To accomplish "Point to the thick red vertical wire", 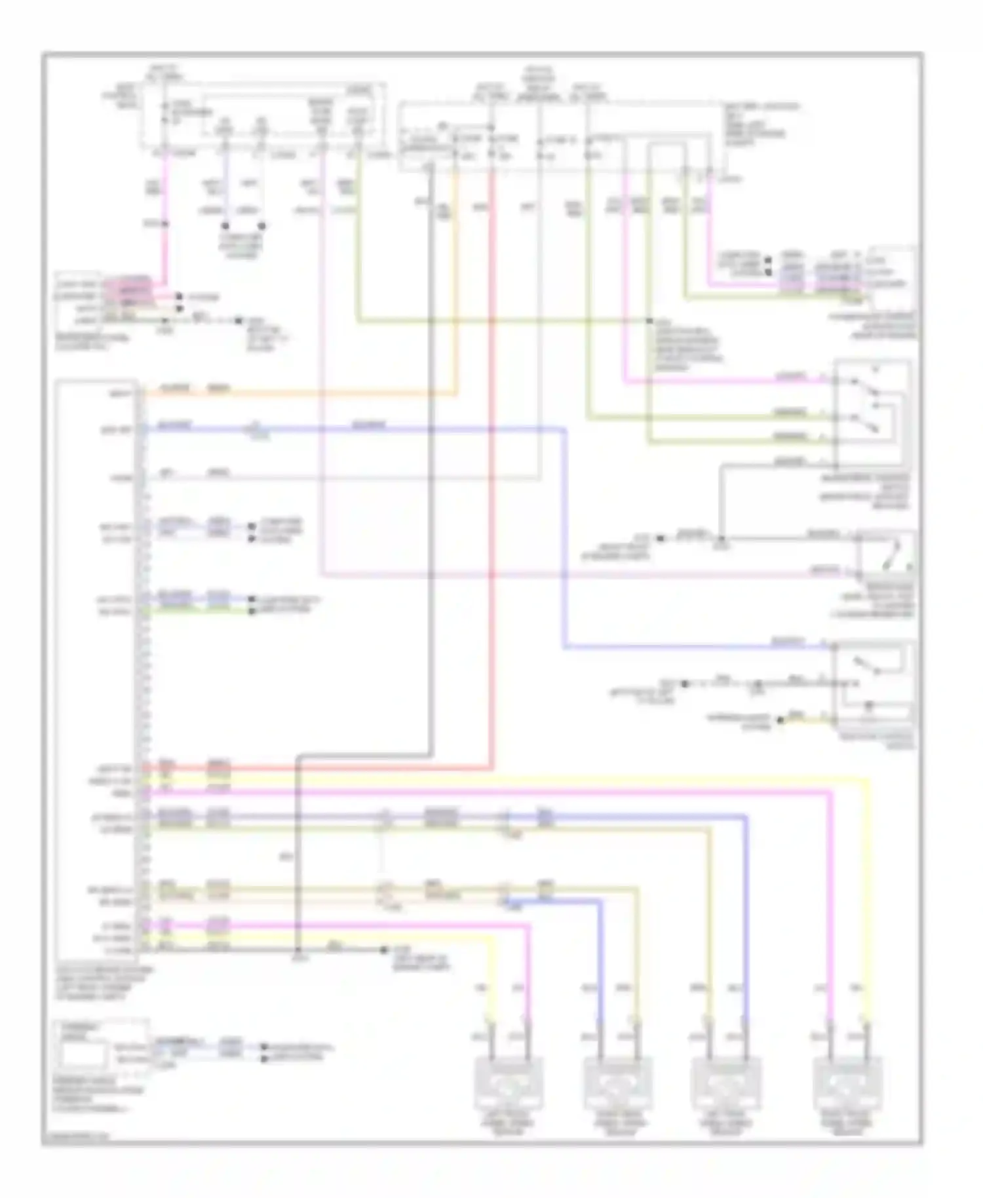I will pos(491,459).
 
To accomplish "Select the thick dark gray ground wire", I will pos(431,459).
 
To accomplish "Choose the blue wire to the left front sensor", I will pos(746,918).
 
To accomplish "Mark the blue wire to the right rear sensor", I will pos(599,950).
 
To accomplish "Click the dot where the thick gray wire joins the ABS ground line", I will pos(298,950).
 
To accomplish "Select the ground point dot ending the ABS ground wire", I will pos(385,950).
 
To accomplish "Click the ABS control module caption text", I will pos(105,981).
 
